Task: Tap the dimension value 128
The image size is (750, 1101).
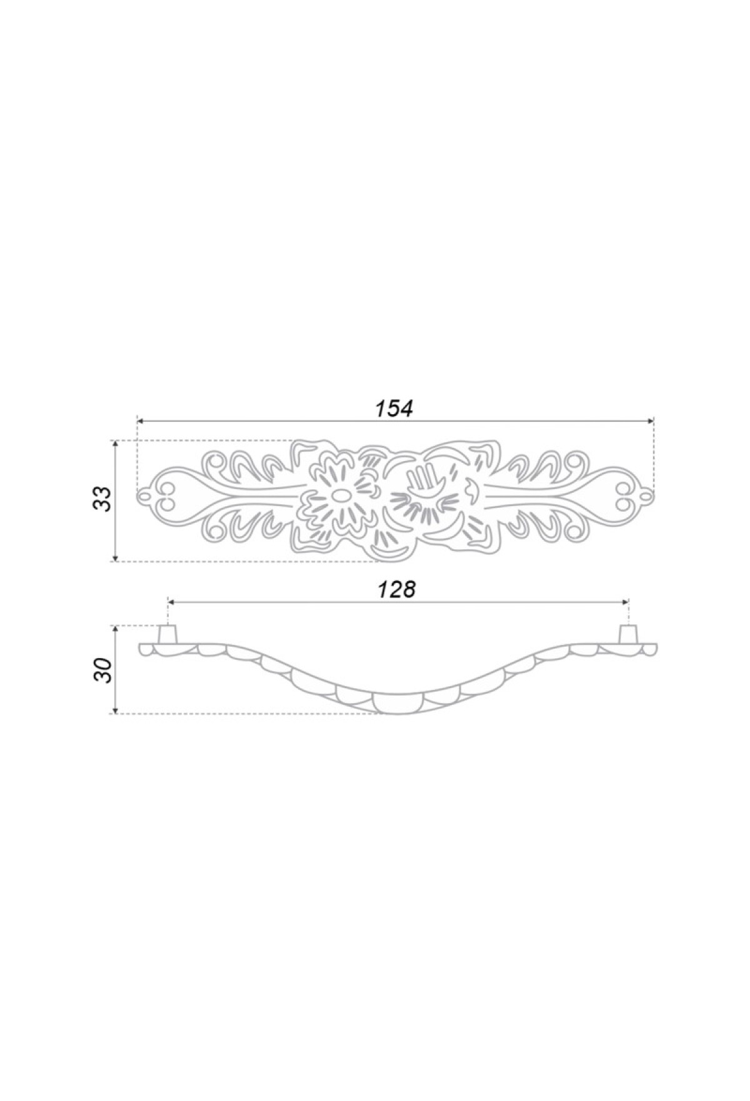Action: tap(396, 589)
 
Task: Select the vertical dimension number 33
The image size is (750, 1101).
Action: tap(104, 499)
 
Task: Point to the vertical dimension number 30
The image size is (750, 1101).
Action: tap(104, 670)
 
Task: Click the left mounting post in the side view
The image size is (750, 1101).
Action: tap(167, 635)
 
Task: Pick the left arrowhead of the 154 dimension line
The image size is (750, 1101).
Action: tap(141, 420)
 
